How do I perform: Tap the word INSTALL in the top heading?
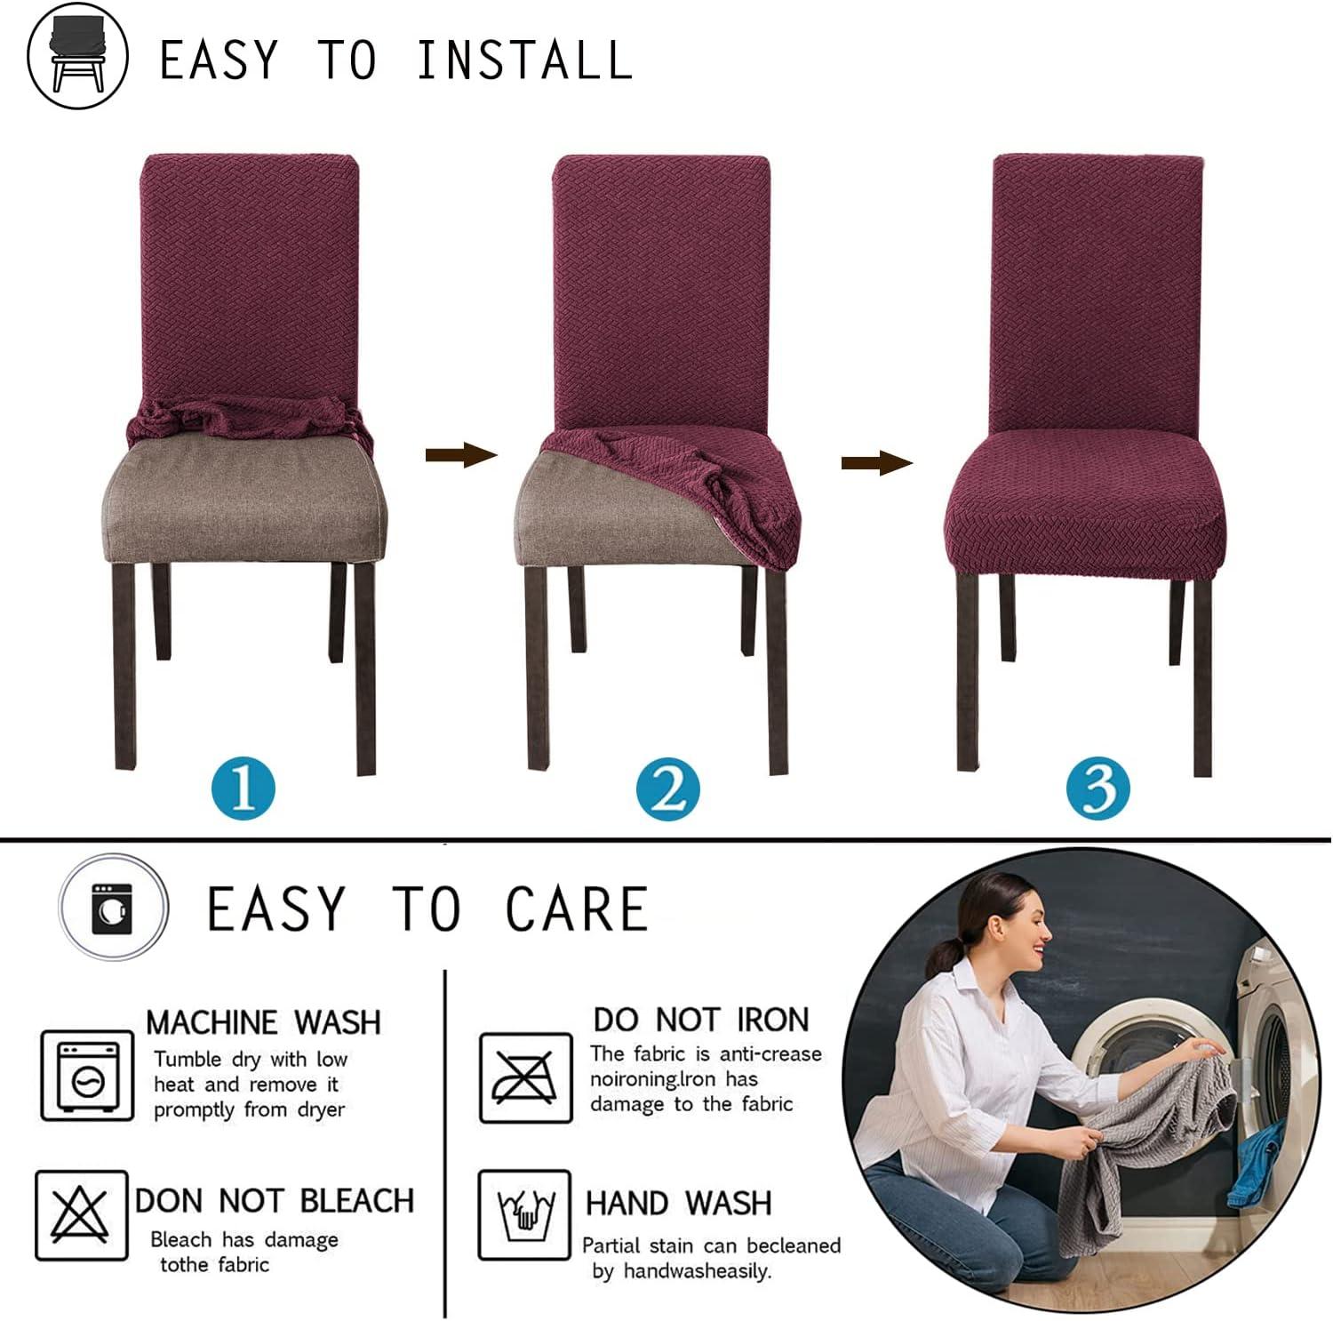524,60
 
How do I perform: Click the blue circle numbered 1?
243,789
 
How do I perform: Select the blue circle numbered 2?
668,789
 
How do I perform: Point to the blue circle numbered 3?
1098,789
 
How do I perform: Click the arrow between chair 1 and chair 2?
460,456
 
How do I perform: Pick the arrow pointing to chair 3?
876,462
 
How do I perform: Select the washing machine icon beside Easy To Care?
113,908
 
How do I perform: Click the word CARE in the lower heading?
577,909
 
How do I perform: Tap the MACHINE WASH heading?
263,1022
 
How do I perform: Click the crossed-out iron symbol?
525,1077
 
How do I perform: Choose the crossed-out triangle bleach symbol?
81,1215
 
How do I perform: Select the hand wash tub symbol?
524,1214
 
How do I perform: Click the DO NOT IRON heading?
701,1019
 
